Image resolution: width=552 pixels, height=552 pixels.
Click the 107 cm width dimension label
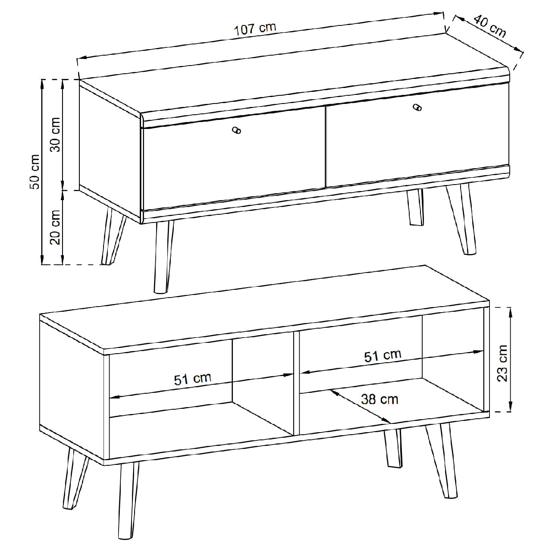(255, 29)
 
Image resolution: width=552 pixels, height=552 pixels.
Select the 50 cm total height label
(34, 172)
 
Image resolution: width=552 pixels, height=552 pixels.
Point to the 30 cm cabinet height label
(55, 135)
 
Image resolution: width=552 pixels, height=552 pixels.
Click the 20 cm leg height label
(55, 227)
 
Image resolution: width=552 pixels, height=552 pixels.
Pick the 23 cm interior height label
(502, 363)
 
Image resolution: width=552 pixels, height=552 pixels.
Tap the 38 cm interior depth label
(379, 399)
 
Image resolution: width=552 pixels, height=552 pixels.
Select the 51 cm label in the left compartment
(192, 379)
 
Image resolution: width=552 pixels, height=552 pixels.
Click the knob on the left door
(236, 130)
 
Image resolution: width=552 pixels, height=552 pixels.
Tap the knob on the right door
(417, 108)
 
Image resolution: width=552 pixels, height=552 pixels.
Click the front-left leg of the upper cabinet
(163, 257)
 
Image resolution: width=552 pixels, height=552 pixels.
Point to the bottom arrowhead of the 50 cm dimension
(42, 259)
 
